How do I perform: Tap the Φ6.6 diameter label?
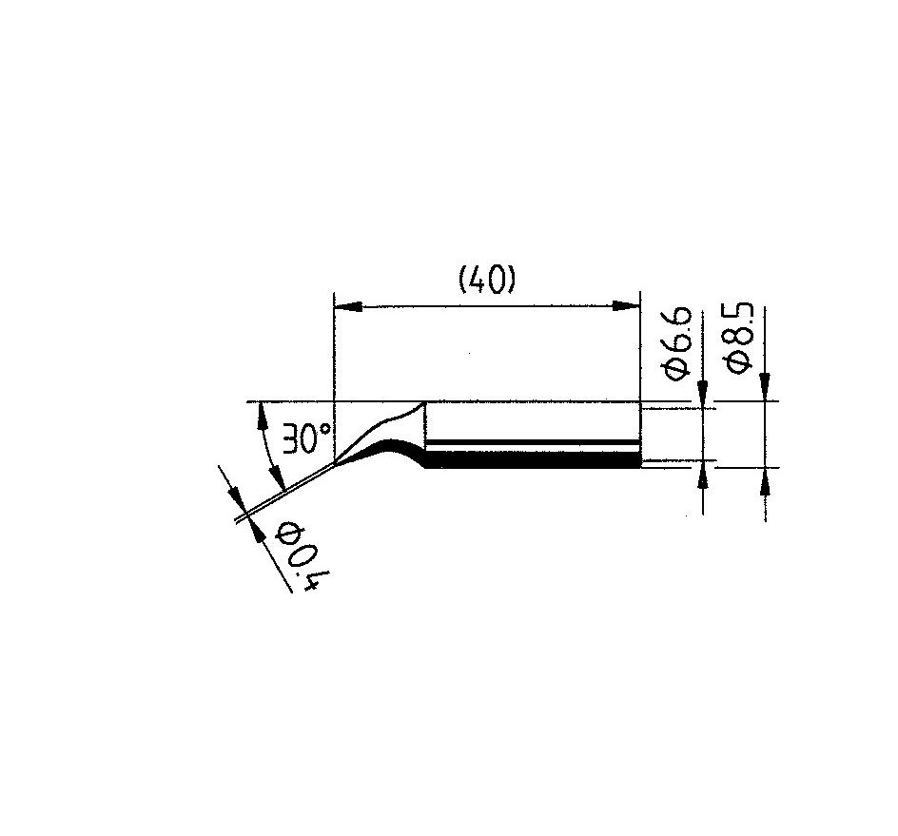(x=677, y=343)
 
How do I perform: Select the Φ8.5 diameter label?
(x=739, y=339)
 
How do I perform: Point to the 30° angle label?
(x=305, y=438)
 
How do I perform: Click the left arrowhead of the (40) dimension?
(x=348, y=306)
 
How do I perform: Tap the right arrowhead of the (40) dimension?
(x=626, y=306)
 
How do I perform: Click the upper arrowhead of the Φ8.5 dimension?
(x=765, y=387)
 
